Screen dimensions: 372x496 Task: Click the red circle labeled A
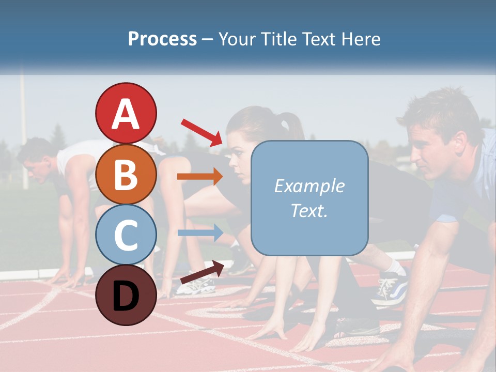pyautogui.click(x=126, y=113)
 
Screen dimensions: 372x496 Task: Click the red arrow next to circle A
pyautogui.click(x=202, y=132)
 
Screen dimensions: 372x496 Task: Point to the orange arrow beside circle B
pyautogui.click(x=200, y=177)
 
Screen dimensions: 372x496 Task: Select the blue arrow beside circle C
pyautogui.click(x=200, y=233)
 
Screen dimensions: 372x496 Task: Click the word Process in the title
pyautogui.click(x=162, y=39)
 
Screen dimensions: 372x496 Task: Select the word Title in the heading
pyautogui.click(x=279, y=39)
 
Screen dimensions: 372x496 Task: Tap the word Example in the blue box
pyautogui.click(x=309, y=186)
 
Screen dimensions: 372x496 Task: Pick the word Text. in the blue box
pyautogui.click(x=309, y=210)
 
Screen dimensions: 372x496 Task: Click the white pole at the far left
pyautogui.click(x=23, y=129)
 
